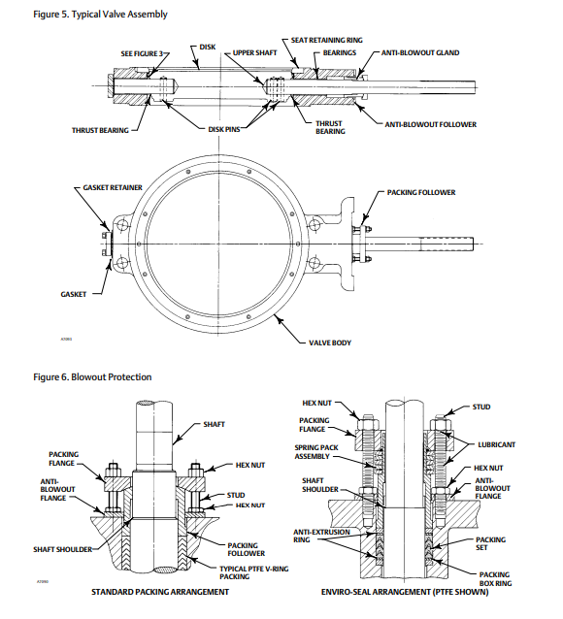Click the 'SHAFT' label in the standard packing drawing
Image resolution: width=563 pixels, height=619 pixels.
tap(215, 424)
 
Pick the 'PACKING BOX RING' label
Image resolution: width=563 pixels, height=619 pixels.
tap(494, 578)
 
